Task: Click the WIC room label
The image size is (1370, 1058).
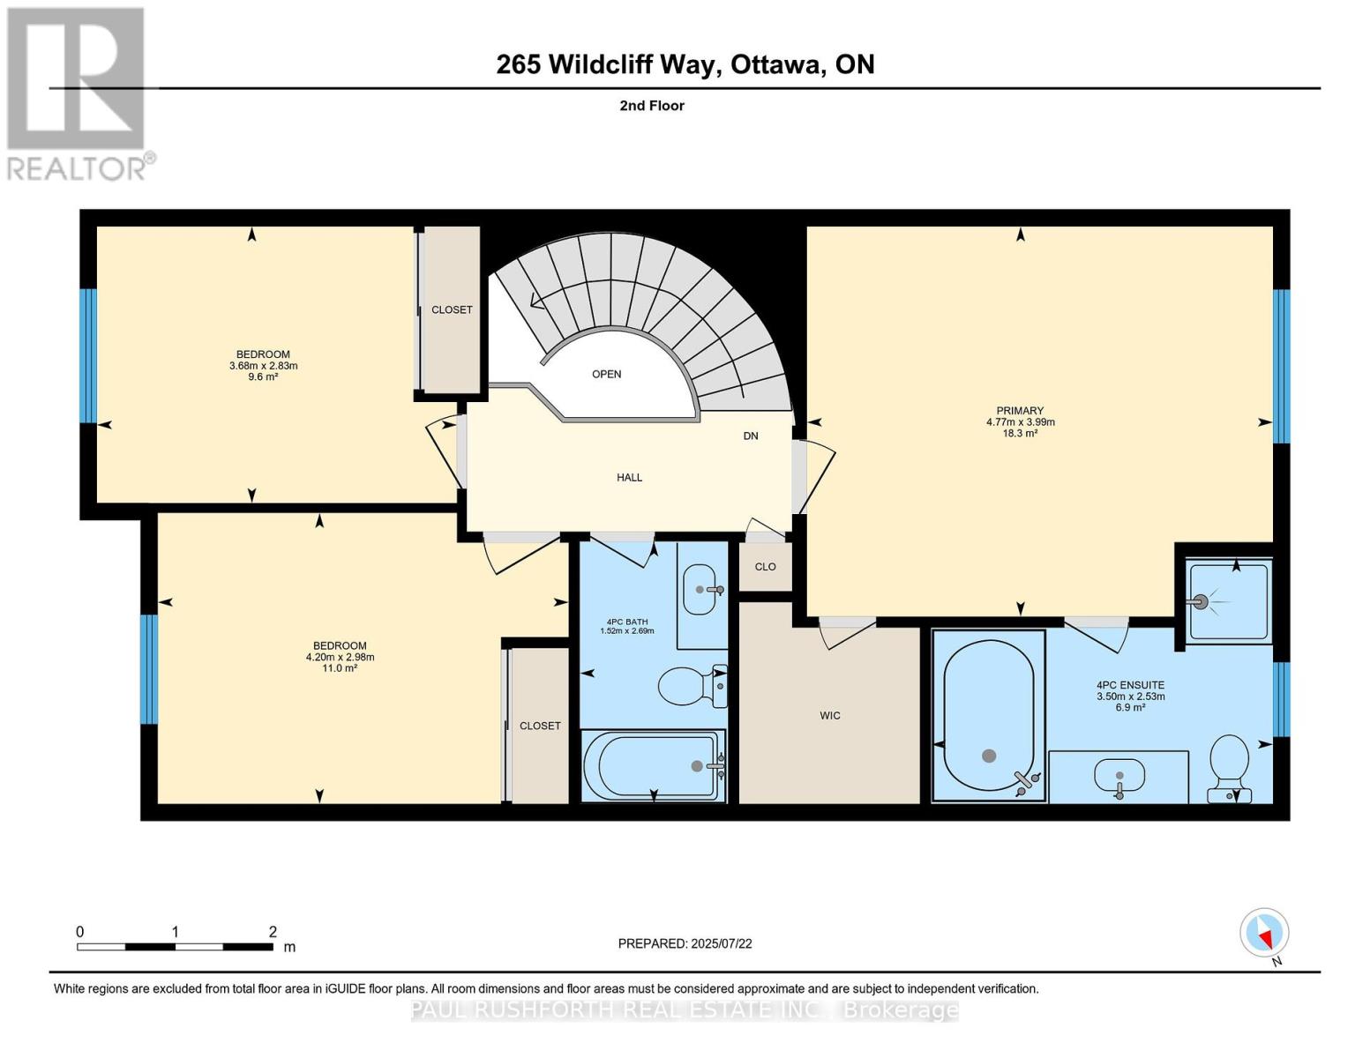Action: (x=830, y=715)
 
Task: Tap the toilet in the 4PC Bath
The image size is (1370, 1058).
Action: (x=692, y=685)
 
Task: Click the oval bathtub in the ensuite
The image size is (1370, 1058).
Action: (x=989, y=715)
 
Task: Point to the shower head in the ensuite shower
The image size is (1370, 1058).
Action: (x=1200, y=602)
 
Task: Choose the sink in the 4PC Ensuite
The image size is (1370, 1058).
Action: (x=1119, y=775)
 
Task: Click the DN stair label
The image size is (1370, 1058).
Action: (x=750, y=436)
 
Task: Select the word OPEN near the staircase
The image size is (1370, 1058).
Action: (x=607, y=375)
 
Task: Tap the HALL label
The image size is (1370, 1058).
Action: (x=629, y=478)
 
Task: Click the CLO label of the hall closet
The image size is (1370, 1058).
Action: (x=766, y=567)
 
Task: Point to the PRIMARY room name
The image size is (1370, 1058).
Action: (x=1020, y=410)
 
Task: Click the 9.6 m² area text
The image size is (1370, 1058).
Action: (x=263, y=376)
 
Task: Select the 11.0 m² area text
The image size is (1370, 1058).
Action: (x=340, y=668)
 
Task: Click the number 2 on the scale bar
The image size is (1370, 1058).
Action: (x=273, y=931)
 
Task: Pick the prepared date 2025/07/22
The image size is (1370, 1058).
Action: (x=722, y=943)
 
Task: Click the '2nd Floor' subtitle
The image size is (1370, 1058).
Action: (x=652, y=106)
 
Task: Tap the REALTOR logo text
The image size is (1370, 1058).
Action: (x=77, y=168)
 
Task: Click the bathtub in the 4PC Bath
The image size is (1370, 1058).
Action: (x=653, y=765)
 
